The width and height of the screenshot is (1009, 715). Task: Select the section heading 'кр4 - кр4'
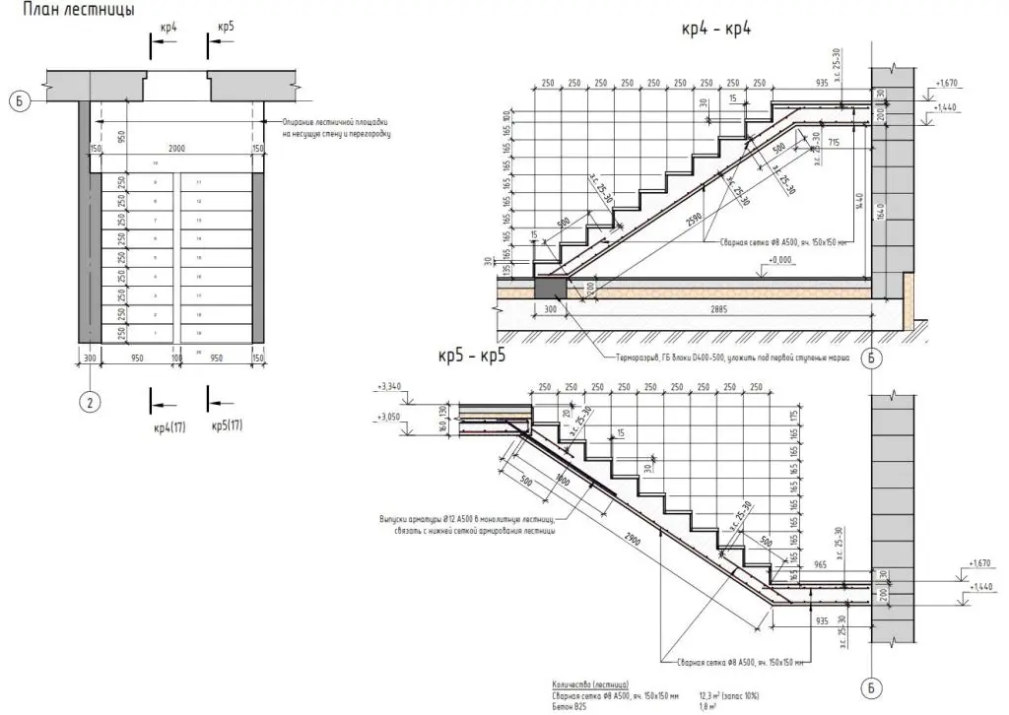[x=716, y=29]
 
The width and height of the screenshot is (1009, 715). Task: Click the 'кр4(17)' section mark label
[x=170, y=427]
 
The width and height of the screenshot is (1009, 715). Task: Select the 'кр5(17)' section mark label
[x=228, y=427]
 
